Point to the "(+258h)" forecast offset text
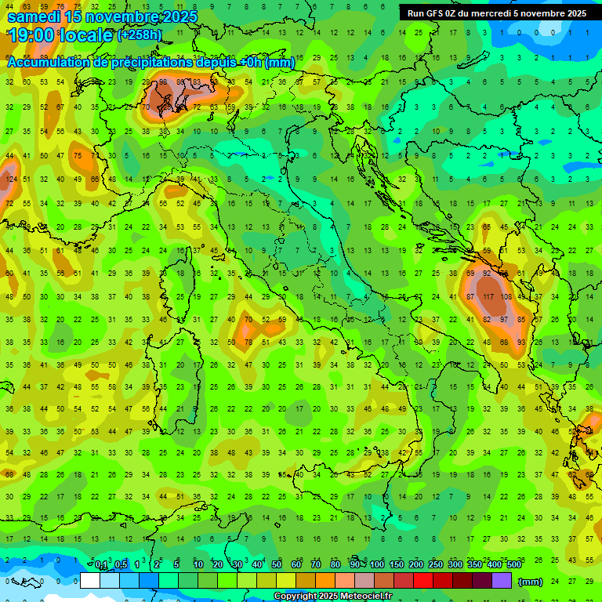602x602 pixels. click(x=140, y=34)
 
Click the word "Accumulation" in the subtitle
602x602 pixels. click(x=48, y=63)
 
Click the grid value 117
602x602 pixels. click(x=489, y=297)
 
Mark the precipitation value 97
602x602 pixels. click(x=506, y=320)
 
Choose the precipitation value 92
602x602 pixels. click(x=488, y=274)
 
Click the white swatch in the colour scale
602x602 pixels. click(x=90, y=581)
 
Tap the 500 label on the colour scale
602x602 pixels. click(x=514, y=565)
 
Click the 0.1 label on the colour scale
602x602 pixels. click(x=101, y=565)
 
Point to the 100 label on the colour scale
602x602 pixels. click(x=377, y=565)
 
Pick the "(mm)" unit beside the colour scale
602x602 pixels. click(x=531, y=582)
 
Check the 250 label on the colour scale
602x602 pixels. click(x=436, y=565)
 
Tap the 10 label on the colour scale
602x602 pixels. click(x=198, y=565)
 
